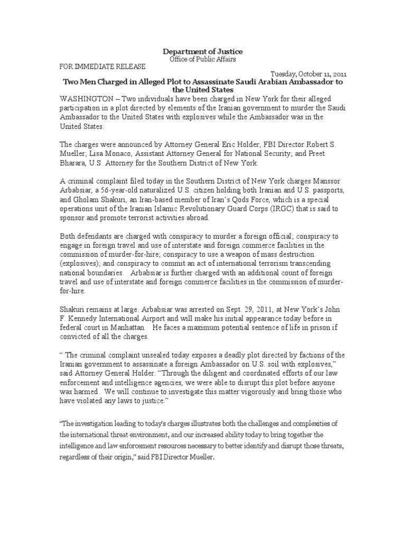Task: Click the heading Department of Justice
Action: pos(202,51)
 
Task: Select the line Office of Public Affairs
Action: pos(202,59)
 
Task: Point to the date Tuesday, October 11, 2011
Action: pos(309,74)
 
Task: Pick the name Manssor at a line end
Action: pos(332,180)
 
